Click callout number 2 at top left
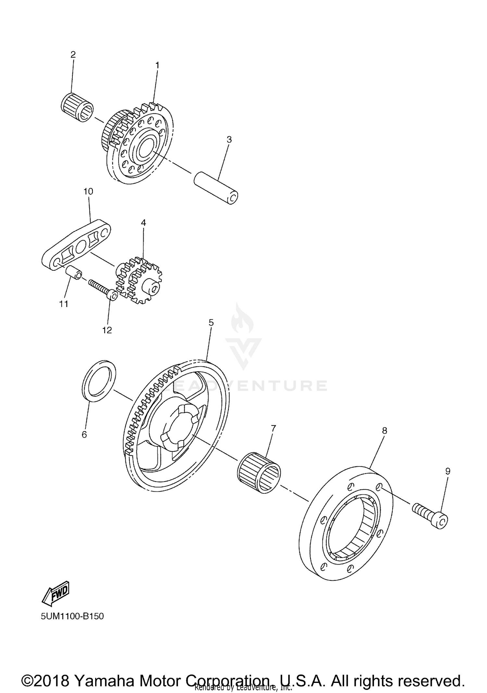(x=73, y=54)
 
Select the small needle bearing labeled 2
(x=77, y=107)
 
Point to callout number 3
(x=229, y=140)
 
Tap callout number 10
(x=88, y=192)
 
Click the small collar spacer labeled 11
(x=74, y=273)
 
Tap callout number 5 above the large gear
(x=211, y=323)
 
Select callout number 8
(x=384, y=431)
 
